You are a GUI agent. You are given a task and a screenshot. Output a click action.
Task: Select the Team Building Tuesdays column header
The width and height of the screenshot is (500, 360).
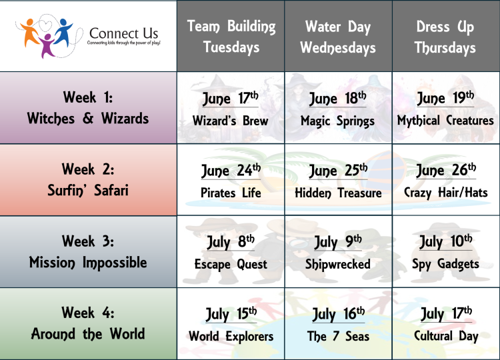(231, 37)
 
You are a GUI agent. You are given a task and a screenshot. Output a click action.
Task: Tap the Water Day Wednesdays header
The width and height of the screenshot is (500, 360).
(338, 37)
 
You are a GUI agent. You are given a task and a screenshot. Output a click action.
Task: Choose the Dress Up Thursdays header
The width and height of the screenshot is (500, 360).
(445, 37)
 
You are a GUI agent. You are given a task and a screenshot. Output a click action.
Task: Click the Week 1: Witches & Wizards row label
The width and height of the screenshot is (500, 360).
(88, 108)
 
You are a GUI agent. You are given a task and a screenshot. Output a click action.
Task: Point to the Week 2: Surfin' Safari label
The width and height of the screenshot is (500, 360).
(88, 180)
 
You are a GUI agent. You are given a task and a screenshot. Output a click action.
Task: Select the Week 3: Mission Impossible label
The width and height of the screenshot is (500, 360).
(88, 252)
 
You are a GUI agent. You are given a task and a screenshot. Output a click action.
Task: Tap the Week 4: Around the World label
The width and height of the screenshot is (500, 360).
(88, 324)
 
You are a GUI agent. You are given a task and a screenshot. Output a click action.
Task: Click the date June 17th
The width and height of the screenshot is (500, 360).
(231, 99)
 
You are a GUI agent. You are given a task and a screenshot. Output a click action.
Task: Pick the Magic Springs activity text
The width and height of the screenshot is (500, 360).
(338, 121)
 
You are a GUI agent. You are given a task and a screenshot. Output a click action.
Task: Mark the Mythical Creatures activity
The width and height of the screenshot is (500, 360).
(445, 121)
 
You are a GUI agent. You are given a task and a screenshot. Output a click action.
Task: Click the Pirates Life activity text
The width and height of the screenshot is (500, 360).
(231, 193)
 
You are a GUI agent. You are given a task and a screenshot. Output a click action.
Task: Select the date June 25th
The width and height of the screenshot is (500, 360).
(338, 171)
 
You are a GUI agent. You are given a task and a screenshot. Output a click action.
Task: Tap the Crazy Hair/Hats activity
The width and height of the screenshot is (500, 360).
(445, 193)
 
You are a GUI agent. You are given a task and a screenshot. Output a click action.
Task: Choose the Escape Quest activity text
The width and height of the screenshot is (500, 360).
(231, 265)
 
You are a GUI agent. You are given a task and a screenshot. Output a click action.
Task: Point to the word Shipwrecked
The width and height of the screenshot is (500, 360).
(338, 265)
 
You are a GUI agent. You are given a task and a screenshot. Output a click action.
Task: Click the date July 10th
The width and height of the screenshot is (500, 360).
(445, 241)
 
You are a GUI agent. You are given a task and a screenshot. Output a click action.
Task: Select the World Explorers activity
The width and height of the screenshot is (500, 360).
(231, 336)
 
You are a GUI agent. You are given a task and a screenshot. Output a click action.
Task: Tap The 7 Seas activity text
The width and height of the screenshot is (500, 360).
(338, 336)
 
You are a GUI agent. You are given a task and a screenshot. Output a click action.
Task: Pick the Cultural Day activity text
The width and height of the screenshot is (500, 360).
(445, 336)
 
